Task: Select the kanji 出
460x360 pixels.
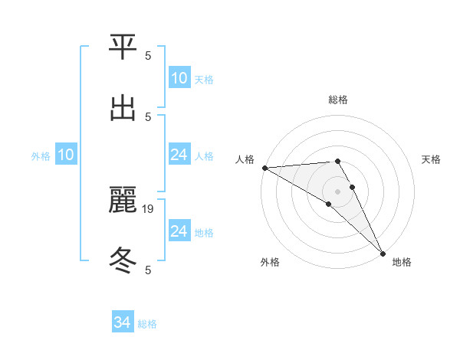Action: [x=123, y=109]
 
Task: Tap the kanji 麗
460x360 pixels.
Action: [x=123, y=201]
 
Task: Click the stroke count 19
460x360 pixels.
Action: [x=149, y=208]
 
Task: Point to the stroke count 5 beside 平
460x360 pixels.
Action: [x=148, y=55]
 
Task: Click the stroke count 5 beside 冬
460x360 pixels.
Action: [x=148, y=270]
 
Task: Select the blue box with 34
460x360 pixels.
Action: [x=123, y=323]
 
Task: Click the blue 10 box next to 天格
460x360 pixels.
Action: [x=179, y=78]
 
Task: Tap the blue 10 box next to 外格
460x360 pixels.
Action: [x=66, y=155]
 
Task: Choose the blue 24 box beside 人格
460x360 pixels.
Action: [x=179, y=155]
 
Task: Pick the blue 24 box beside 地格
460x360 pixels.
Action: [x=179, y=232]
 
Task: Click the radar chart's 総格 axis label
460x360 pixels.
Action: [x=338, y=100]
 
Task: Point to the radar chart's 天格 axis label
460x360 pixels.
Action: [x=431, y=159]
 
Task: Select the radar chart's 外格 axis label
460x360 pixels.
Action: [x=270, y=262]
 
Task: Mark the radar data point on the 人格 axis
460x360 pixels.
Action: [x=264, y=168]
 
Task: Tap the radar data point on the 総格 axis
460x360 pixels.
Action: [x=338, y=161]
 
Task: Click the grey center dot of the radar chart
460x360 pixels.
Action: [x=338, y=191]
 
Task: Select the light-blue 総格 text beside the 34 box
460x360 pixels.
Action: [x=147, y=324]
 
